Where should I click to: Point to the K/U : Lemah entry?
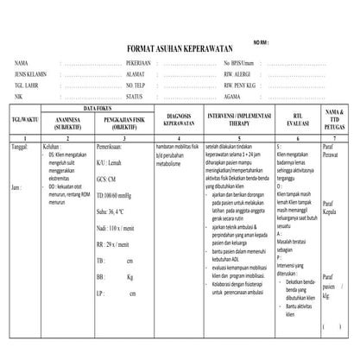(x=113, y=161)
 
